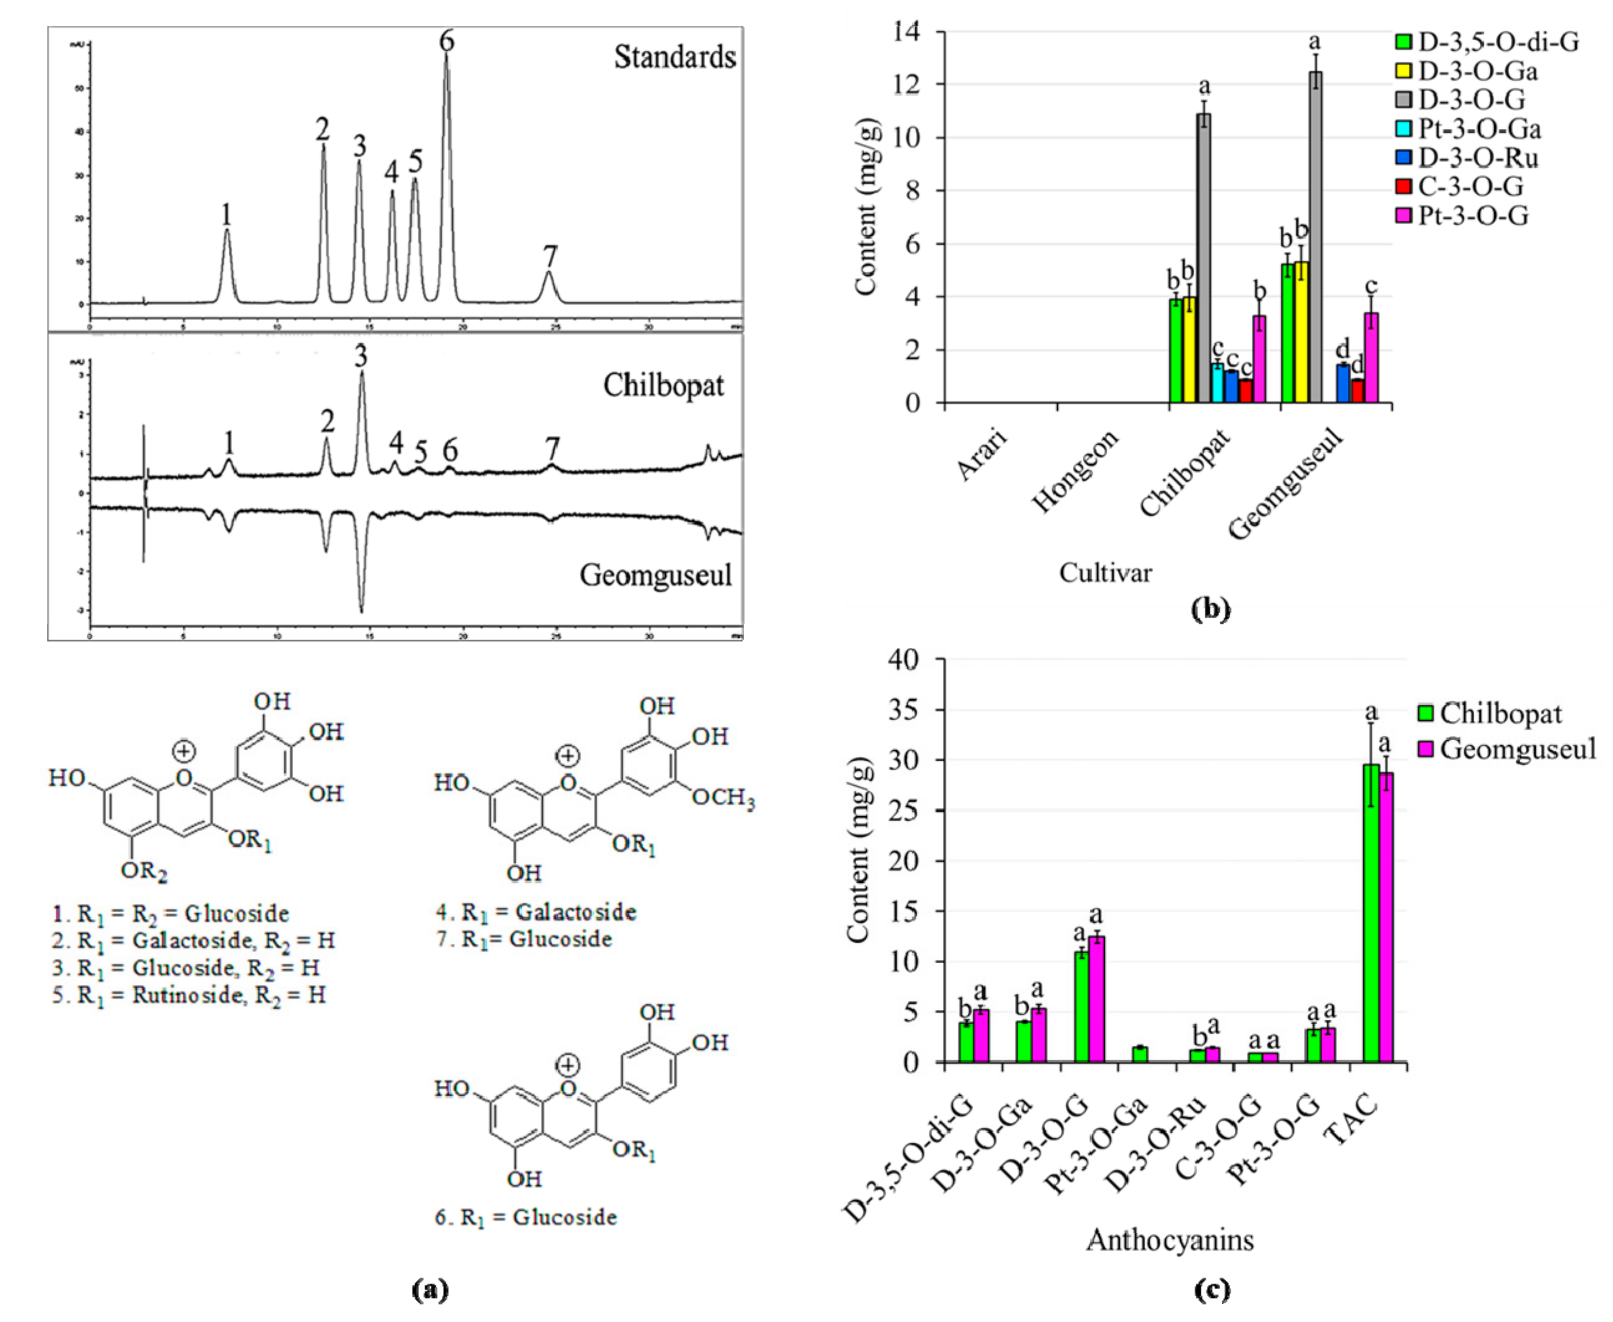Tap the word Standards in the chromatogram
[x=675, y=58]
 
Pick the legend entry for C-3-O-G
[x=1470, y=186]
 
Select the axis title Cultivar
[x=1105, y=573]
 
